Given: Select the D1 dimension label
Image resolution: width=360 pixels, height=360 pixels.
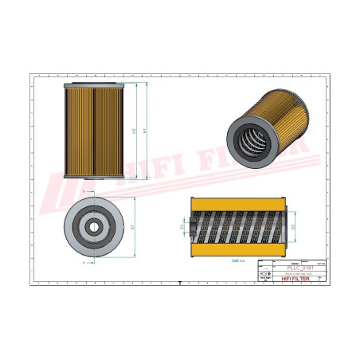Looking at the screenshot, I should (x=132, y=226).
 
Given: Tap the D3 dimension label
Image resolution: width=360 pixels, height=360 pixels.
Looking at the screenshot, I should (x=182, y=227).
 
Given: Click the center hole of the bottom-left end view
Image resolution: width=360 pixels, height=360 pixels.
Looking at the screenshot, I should (x=94, y=226).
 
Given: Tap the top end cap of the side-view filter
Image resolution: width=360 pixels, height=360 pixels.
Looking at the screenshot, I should (x=95, y=84).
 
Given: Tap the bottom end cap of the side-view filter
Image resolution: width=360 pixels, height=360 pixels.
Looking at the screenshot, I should (x=95, y=177).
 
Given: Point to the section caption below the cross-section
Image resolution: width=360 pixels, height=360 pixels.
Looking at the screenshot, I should (x=237, y=260).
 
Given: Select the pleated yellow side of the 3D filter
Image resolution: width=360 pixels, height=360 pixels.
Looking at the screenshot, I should (x=279, y=119).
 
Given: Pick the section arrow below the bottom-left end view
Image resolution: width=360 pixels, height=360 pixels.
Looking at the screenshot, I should (x=84, y=261).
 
